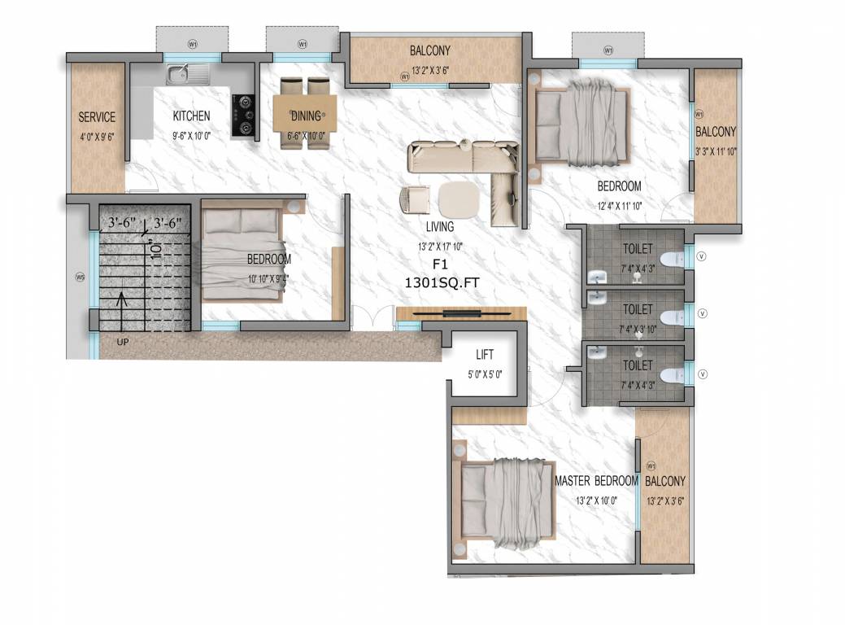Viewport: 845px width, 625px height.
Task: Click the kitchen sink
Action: (x=188, y=75)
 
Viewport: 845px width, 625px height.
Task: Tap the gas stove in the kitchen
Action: (x=243, y=116)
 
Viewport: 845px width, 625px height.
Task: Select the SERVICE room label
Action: (x=97, y=117)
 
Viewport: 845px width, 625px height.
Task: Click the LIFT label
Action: (x=486, y=355)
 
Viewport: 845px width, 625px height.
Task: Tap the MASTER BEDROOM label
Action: (x=596, y=481)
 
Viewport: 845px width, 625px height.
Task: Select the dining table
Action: (x=304, y=112)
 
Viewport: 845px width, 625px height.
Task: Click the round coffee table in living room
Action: (x=460, y=197)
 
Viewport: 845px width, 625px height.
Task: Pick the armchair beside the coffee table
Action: (x=416, y=199)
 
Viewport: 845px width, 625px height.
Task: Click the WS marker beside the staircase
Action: (x=80, y=278)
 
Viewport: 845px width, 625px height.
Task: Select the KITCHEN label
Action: (x=191, y=116)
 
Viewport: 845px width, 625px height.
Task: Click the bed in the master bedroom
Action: (x=504, y=500)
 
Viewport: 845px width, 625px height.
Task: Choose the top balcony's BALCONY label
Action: (x=430, y=51)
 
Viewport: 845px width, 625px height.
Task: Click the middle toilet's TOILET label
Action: (x=638, y=309)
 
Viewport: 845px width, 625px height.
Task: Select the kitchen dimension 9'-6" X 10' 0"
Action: (x=191, y=136)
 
